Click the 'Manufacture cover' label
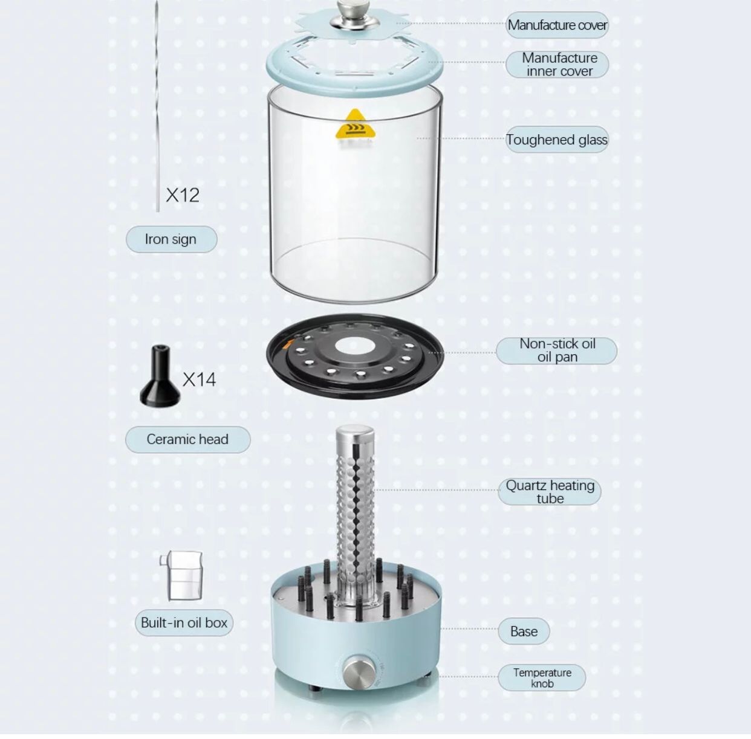click(x=557, y=25)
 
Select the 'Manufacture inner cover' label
click(x=557, y=64)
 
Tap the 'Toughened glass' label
click(x=556, y=140)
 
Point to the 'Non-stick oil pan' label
click(x=556, y=350)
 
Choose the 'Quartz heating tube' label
click(x=550, y=492)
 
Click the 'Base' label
click(x=524, y=631)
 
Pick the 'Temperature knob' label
click(x=542, y=677)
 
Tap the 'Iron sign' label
click(x=171, y=239)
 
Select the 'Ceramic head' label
click(x=187, y=439)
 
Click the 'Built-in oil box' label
click(x=184, y=623)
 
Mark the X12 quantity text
click(x=183, y=195)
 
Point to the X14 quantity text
click(x=199, y=379)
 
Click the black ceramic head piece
click(x=160, y=378)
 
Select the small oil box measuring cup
click(x=183, y=576)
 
